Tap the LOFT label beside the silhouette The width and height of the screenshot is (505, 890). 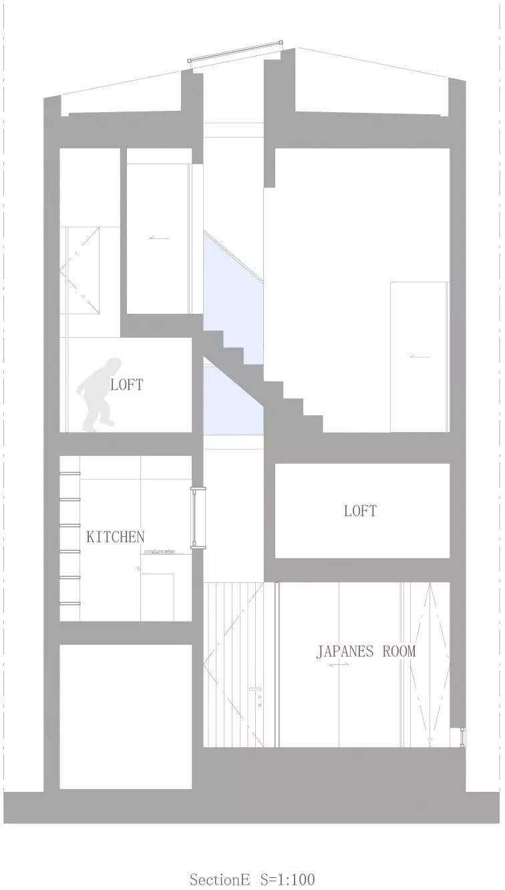click(126, 385)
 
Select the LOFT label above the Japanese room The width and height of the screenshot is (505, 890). click(360, 511)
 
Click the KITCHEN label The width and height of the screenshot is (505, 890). click(115, 536)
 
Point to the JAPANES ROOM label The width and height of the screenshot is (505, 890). click(365, 652)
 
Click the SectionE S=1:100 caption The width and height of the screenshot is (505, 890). click(252, 879)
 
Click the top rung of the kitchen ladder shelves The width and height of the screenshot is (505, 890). click(70, 474)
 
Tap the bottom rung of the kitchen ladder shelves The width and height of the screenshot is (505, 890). click(70, 603)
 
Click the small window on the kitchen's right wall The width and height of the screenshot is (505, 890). click(198, 518)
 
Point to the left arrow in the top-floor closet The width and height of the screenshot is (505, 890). click(158, 238)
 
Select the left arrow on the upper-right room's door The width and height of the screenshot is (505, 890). click(419, 357)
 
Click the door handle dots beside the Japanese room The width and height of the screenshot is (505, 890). click(257, 696)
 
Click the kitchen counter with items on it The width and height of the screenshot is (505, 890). click(160, 552)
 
